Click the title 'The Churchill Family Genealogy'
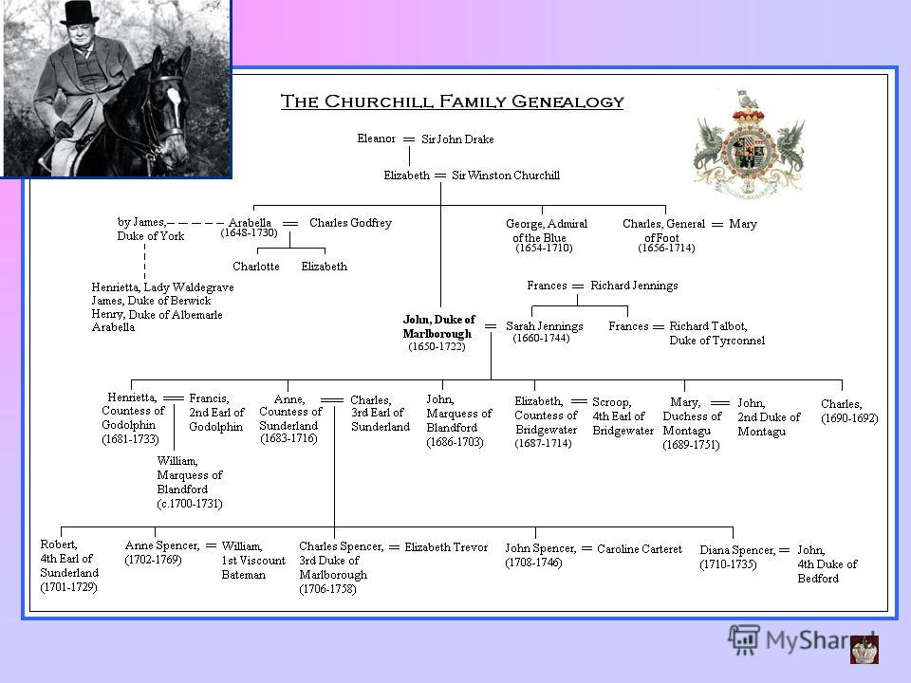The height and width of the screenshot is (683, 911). point(452,102)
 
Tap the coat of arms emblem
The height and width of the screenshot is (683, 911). point(749,144)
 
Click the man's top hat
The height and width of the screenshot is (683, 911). point(81,13)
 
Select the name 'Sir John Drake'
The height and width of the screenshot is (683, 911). point(457,139)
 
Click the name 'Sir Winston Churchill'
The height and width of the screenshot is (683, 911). point(506,175)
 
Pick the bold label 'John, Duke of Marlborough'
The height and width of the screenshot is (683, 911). point(438,326)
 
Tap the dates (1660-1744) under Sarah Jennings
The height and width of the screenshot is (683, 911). point(541,338)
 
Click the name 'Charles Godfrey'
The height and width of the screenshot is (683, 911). point(350,223)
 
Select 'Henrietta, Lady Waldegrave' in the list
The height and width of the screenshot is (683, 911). point(162,286)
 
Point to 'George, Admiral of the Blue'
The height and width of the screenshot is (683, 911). point(547,231)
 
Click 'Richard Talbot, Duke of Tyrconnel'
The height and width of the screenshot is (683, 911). point(717,333)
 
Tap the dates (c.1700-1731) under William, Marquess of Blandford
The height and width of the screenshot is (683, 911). point(190,504)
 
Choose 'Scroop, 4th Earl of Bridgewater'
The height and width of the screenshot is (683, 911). point(623,416)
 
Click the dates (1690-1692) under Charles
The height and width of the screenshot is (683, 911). point(849,418)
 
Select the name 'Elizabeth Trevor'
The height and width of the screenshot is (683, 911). point(446,547)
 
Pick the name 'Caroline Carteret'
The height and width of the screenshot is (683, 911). point(640,549)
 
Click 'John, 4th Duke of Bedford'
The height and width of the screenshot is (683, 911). point(827,563)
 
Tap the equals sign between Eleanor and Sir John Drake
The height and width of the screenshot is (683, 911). point(409,139)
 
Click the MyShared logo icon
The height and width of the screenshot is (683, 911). point(744,640)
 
